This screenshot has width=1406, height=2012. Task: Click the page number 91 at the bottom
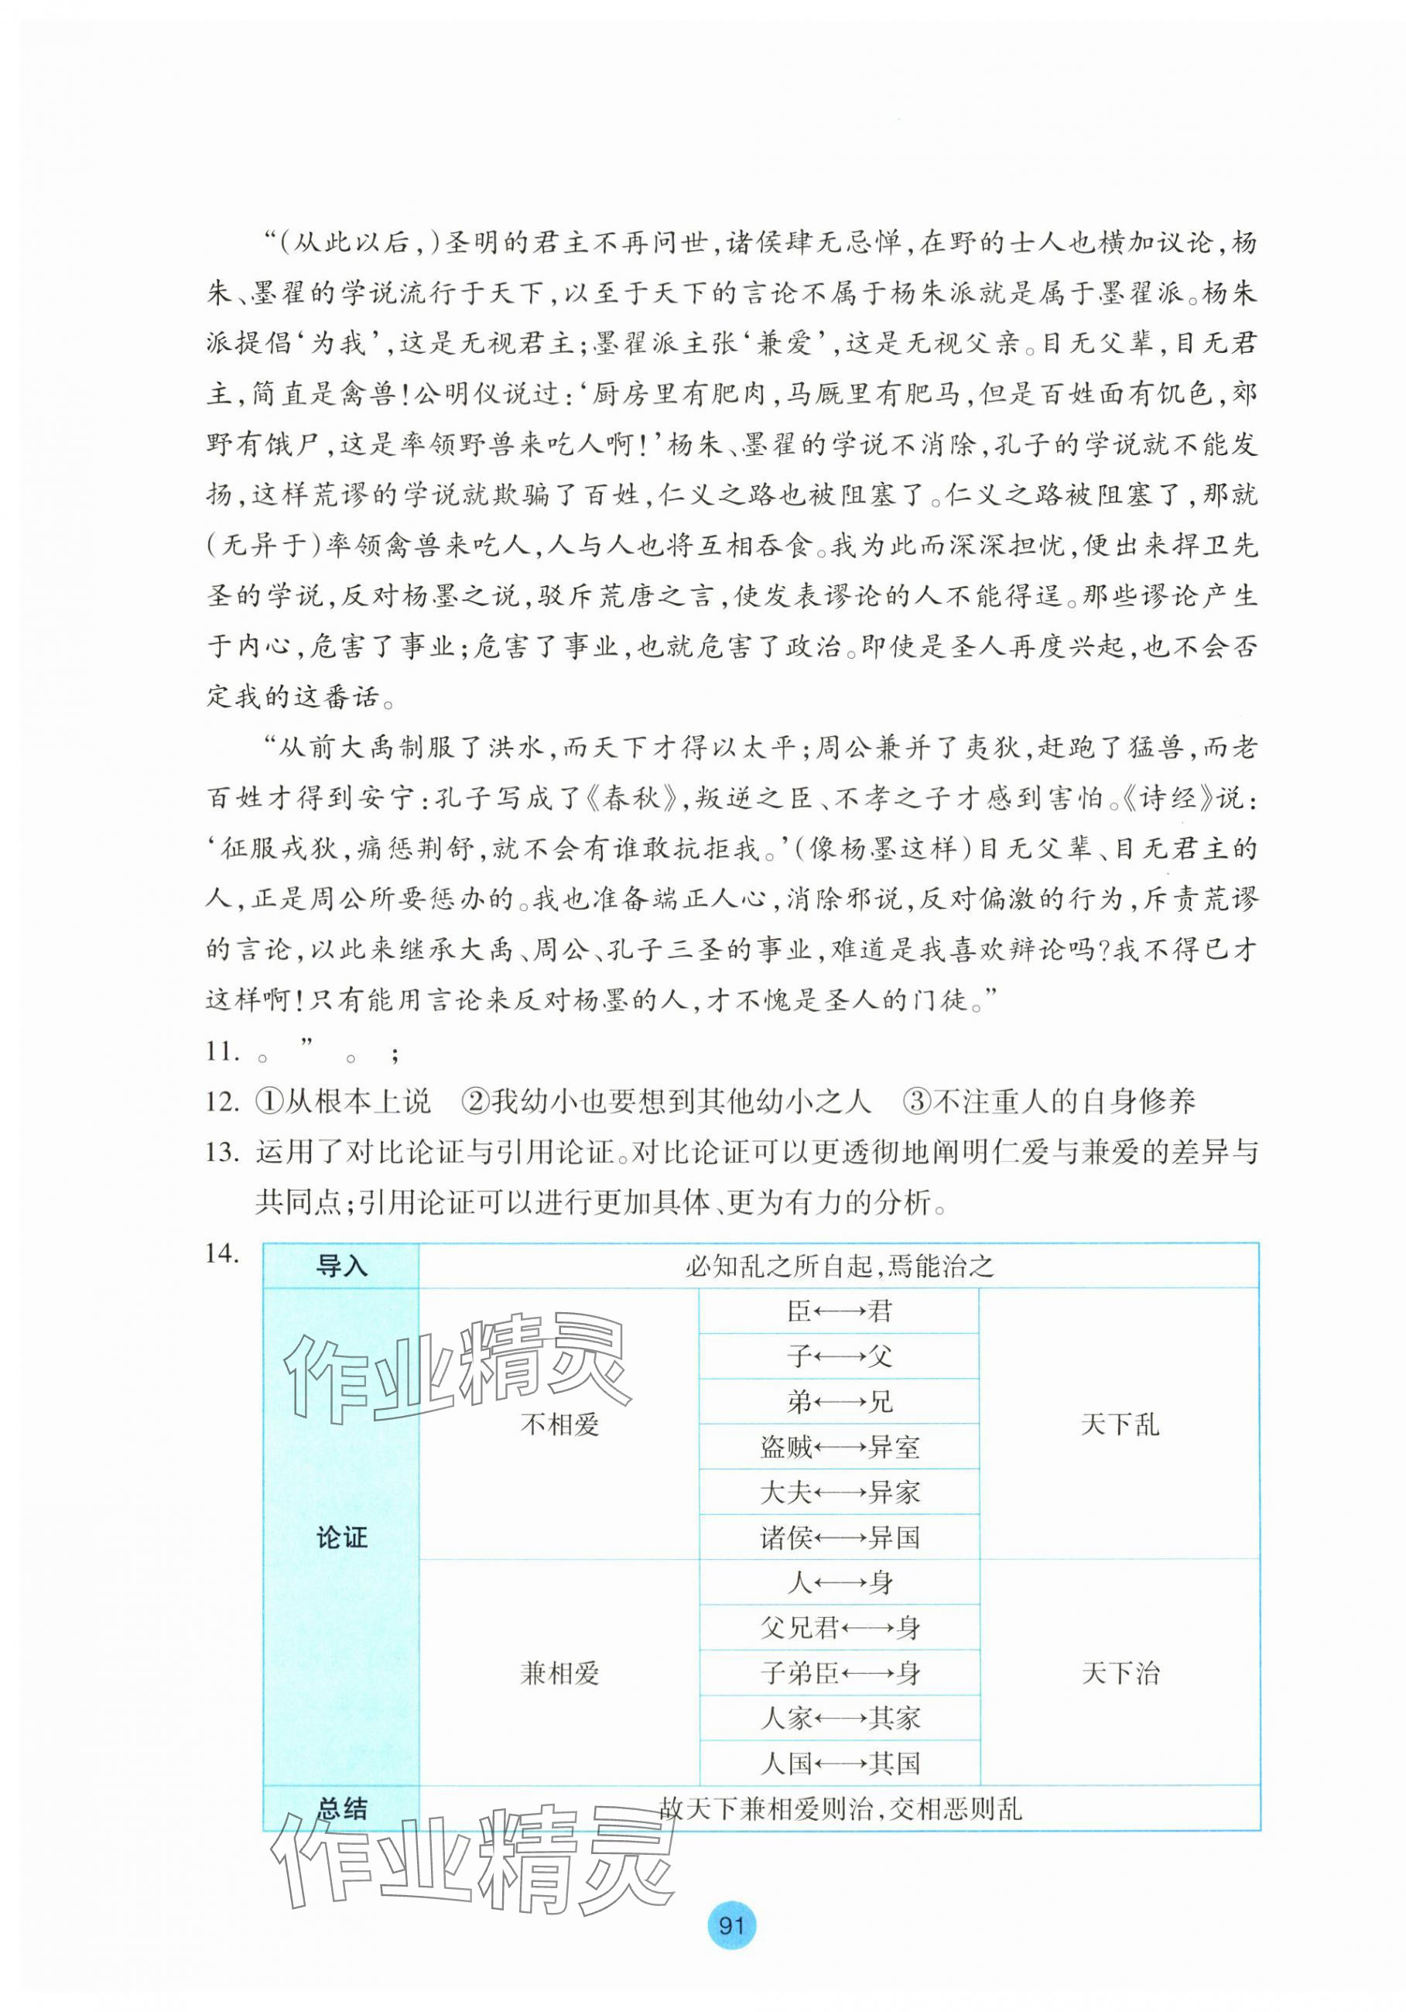point(730,1925)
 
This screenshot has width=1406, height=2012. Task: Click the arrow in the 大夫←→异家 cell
point(840,1493)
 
